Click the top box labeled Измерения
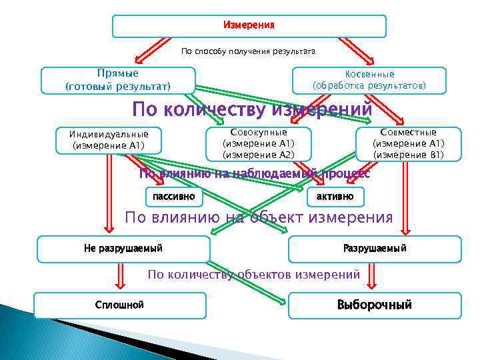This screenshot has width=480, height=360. pos(249,25)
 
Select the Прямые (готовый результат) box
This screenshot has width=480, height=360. pos(118,80)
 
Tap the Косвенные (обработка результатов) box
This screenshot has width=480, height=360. pos(369,80)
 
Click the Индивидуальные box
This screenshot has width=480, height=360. pos(109,140)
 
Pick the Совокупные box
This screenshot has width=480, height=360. pos(258,143)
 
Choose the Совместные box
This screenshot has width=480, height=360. pos(408,143)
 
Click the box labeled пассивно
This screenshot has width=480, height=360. pos(174,196)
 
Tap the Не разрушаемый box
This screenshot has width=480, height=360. pos(123,249)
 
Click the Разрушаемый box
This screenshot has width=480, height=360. pos(375,249)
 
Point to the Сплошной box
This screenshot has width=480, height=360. pos(120,305)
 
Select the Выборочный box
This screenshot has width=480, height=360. pos(375,305)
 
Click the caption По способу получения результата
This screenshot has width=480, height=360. pos(249,51)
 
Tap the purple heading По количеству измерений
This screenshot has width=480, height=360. pos(252,109)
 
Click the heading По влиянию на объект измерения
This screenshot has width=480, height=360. pos(259,217)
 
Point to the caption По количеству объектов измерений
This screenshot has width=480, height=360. pos(253,274)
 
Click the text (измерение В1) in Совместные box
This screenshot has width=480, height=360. pos(408,155)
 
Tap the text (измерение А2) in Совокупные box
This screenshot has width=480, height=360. pos(258,155)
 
